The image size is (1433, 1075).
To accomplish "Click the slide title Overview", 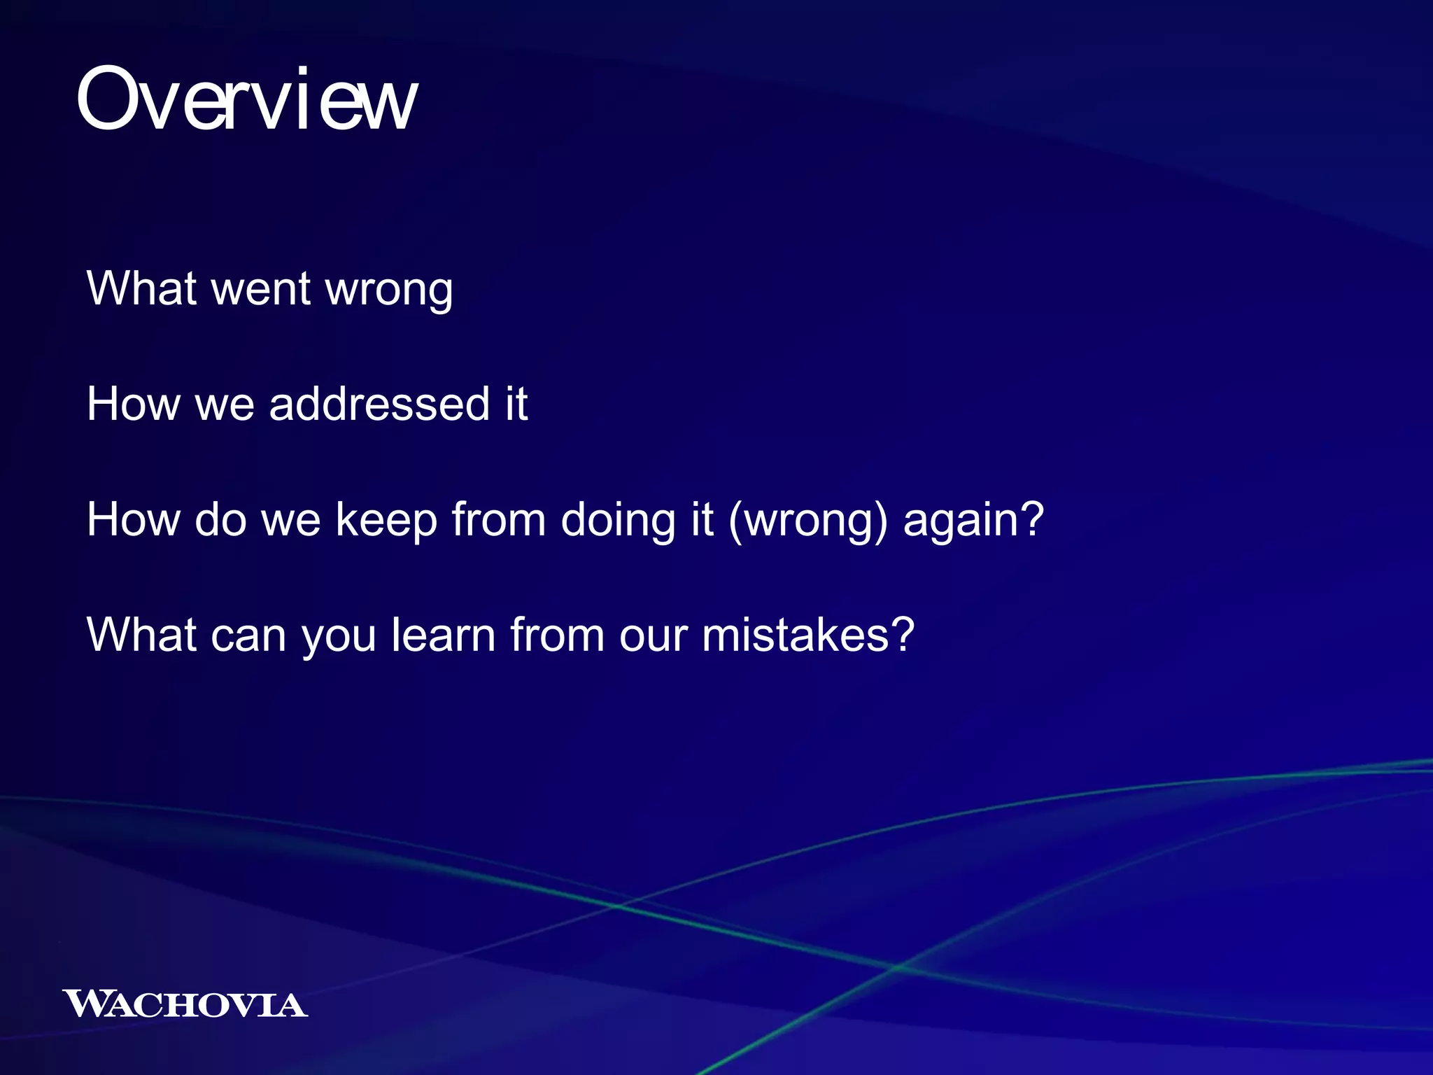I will click(x=246, y=99).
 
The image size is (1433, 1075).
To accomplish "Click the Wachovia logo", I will click(x=185, y=1004).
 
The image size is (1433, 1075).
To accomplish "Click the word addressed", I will click(x=379, y=404).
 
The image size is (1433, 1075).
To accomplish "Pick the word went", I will click(x=260, y=288).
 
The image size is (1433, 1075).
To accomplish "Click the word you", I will click(x=339, y=636).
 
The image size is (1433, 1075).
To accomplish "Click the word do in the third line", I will click(x=220, y=520).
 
